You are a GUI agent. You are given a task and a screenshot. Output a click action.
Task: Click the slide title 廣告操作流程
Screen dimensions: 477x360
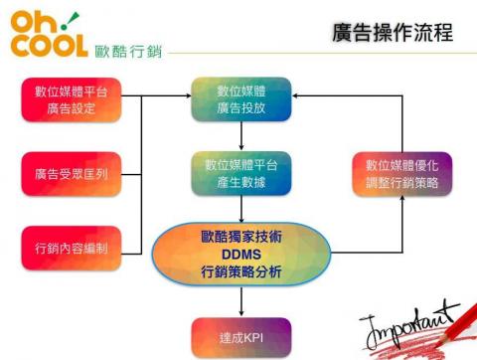(x=393, y=34)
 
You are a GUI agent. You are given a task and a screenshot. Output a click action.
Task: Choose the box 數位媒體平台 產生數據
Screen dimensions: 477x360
(x=242, y=172)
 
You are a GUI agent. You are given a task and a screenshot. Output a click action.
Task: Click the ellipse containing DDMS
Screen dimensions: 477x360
(x=241, y=253)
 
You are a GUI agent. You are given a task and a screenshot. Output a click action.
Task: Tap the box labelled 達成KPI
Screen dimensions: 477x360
(x=242, y=336)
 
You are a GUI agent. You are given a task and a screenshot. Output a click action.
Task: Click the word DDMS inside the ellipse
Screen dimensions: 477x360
(x=241, y=253)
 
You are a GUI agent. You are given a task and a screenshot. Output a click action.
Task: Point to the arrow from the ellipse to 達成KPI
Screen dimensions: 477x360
(x=242, y=300)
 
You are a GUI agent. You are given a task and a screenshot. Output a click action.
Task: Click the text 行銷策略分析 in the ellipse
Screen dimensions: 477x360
(x=241, y=270)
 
